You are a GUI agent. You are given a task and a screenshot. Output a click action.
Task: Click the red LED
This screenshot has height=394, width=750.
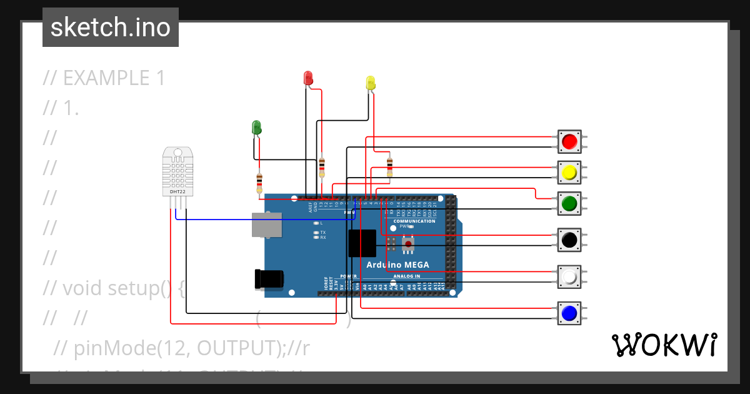point(307,78)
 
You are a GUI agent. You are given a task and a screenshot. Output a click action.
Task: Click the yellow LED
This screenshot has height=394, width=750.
point(370,83)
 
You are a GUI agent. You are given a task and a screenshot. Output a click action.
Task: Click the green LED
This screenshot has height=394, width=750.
point(256,127)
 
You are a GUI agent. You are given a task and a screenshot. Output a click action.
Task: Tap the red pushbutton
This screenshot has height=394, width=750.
point(569,142)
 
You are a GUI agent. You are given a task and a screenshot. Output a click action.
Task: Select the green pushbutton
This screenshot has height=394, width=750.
point(569,203)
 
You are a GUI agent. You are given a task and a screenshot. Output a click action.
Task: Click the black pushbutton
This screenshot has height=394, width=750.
point(569,240)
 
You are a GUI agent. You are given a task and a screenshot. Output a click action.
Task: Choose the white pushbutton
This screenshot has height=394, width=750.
point(569,276)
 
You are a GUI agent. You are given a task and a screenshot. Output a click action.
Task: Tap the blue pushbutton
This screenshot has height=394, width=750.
point(569,313)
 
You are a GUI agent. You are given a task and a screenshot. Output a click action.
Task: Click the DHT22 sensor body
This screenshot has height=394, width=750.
point(178,171)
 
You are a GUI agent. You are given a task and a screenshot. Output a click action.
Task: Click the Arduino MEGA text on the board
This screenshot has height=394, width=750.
point(397,265)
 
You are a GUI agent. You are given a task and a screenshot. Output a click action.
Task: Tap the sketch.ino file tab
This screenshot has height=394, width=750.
point(111,28)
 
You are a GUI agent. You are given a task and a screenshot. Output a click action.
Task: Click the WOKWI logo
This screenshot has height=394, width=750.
point(664,345)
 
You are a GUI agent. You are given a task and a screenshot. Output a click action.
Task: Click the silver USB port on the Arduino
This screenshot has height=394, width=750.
point(266,224)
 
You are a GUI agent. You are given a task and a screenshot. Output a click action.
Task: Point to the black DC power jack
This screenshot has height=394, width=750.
point(269,279)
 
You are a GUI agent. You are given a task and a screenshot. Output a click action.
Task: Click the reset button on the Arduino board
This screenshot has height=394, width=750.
point(408,243)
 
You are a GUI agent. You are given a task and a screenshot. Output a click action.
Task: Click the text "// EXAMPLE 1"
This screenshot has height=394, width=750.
point(104,78)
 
